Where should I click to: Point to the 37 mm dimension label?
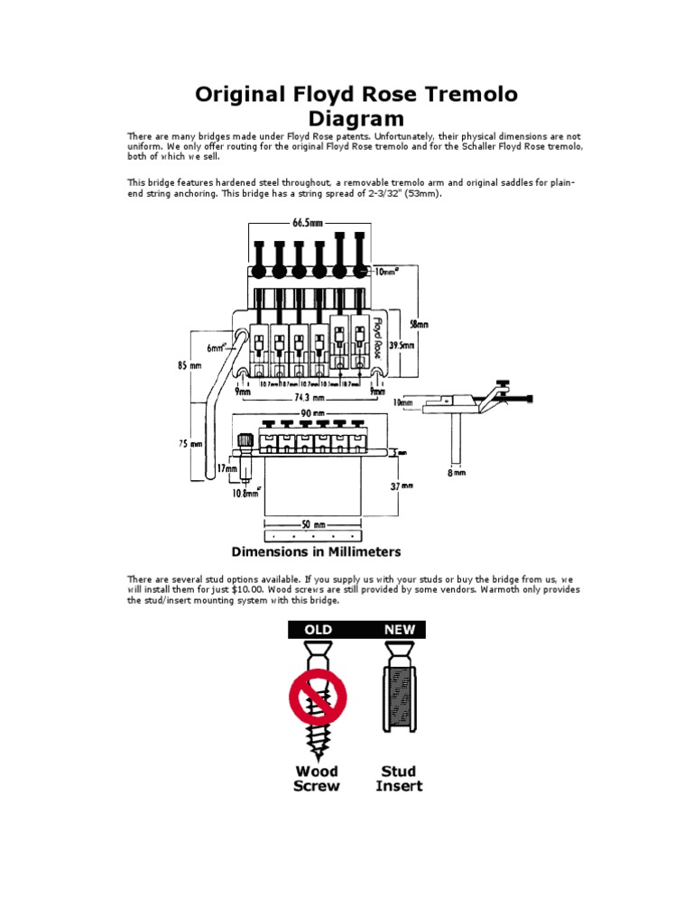click(x=402, y=486)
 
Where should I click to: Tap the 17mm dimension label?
click(x=226, y=469)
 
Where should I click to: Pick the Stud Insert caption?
click(x=398, y=778)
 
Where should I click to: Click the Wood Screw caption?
click(x=317, y=778)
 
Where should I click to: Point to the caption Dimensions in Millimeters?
click(x=317, y=551)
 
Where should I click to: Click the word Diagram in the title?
click(x=356, y=119)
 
